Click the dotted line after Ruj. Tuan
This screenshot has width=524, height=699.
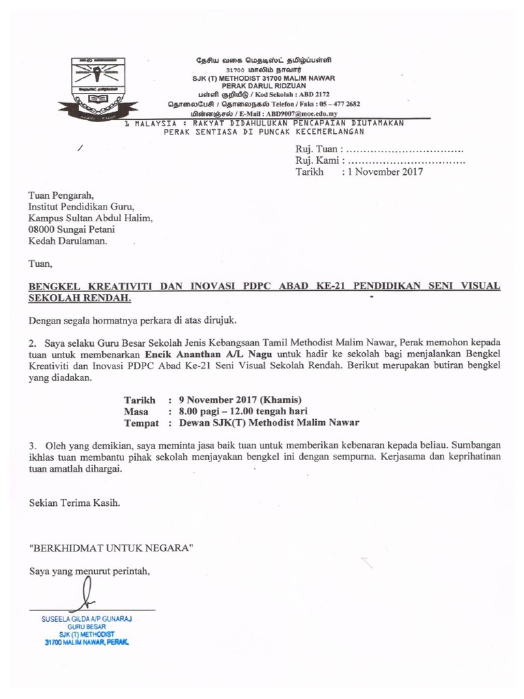click(x=405, y=149)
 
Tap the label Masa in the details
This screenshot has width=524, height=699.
click(x=136, y=411)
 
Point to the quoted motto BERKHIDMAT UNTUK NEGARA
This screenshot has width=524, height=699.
click(x=111, y=547)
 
